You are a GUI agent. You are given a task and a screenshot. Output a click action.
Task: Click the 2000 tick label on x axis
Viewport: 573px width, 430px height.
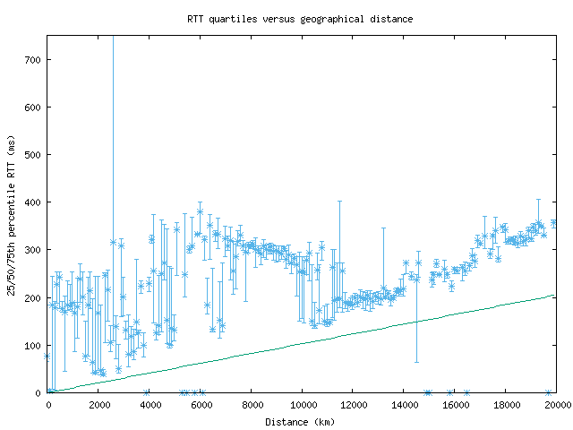tap(98, 404)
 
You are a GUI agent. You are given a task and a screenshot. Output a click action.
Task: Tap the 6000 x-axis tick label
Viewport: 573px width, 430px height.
tap(201, 404)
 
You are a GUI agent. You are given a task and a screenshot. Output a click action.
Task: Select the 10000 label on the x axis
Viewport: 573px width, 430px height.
tap(303, 404)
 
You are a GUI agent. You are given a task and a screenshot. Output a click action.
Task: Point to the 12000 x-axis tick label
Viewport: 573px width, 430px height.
tap(354, 404)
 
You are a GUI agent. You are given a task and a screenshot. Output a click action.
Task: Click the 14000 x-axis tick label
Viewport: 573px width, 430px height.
tap(405, 404)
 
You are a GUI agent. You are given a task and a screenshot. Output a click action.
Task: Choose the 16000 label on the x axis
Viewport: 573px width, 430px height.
tap(456, 404)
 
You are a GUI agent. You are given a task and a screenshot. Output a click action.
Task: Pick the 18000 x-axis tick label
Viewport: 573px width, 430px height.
tap(507, 404)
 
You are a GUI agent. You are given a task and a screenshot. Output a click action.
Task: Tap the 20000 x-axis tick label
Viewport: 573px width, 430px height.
tap(556, 404)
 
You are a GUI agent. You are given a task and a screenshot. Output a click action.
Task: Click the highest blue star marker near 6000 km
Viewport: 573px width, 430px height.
tap(200, 212)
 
